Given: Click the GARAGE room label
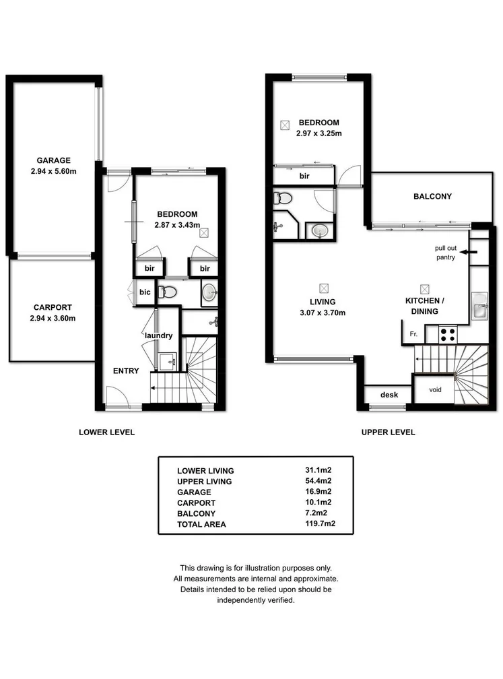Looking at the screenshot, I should coord(53,160).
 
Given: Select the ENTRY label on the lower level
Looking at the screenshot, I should coord(126,370).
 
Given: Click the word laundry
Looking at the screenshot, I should coord(159,335).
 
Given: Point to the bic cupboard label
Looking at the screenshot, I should coord(145,292).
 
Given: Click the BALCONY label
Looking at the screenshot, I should coord(432,197).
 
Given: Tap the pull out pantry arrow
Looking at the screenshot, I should coord(472,252).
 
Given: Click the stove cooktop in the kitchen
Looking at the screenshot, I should coord(448,333).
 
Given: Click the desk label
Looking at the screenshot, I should coord(388,395).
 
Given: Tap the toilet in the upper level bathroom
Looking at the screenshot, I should coord(283,199).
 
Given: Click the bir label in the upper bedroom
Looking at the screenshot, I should coord(304,176).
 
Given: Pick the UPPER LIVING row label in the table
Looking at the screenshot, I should coord(204,482).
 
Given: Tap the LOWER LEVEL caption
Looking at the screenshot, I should coord(106,432).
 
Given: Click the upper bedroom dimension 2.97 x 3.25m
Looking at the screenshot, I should coord(318,133).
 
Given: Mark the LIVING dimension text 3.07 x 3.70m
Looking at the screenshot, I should coord(323,313).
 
